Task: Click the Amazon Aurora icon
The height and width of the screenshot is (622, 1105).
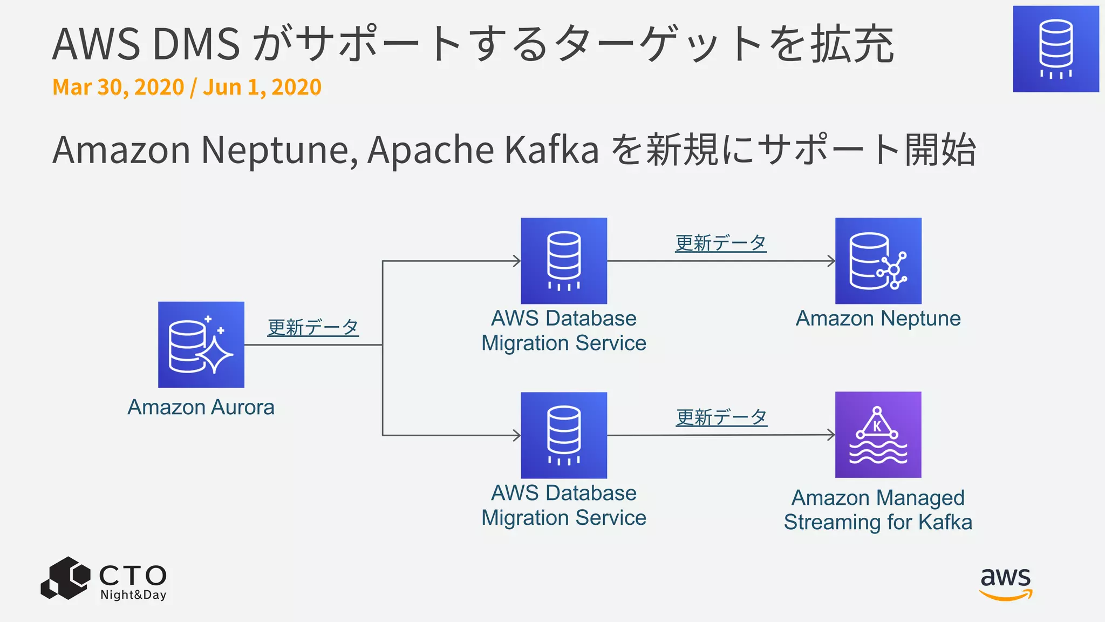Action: click(201, 344)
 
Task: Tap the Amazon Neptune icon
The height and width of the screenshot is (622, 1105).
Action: click(878, 261)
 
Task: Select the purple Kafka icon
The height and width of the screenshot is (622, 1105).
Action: click(878, 435)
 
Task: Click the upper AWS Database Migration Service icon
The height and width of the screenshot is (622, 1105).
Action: click(563, 261)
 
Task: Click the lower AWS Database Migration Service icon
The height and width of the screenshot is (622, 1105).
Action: click(563, 435)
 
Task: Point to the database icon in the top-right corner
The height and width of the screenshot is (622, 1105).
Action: click(1055, 49)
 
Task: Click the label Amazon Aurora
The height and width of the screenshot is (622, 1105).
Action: click(201, 407)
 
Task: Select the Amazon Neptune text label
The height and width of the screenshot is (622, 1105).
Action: click(878, 319)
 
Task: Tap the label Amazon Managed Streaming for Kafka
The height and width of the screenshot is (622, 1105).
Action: click(878, 510)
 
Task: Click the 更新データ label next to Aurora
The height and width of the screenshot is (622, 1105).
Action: click(313, 327)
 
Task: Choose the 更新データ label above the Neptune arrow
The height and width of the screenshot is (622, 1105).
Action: click(720, 243)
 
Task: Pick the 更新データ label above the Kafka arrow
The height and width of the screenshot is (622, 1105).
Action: click(721, 417)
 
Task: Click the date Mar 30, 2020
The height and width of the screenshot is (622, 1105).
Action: click(118, 87)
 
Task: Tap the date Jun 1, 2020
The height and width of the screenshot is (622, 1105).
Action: click(262, 87)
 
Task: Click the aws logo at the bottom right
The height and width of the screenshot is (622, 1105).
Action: click(1006, 583)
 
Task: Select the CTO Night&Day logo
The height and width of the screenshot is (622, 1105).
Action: click(104, 579)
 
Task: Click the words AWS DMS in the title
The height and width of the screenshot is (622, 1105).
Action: click(146, 44)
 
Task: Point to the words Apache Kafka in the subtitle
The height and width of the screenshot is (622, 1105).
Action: click(483, 150)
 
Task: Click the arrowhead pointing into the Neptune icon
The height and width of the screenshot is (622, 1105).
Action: click(831, 261)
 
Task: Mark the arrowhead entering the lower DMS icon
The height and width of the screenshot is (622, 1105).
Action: click(517, 435)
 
